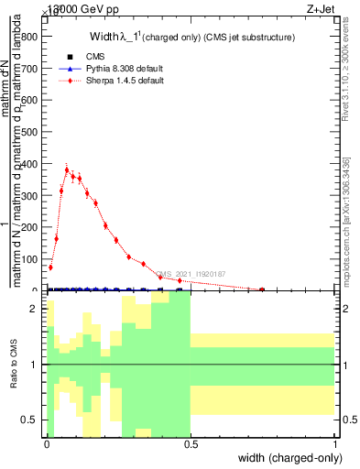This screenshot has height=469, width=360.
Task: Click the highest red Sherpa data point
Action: tap(67, 169)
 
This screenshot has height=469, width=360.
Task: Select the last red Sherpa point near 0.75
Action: tap(262, 289)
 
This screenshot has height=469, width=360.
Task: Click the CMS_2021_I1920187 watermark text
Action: tap(190, 274)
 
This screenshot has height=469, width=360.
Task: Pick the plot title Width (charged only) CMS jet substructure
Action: tap(191, 38)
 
